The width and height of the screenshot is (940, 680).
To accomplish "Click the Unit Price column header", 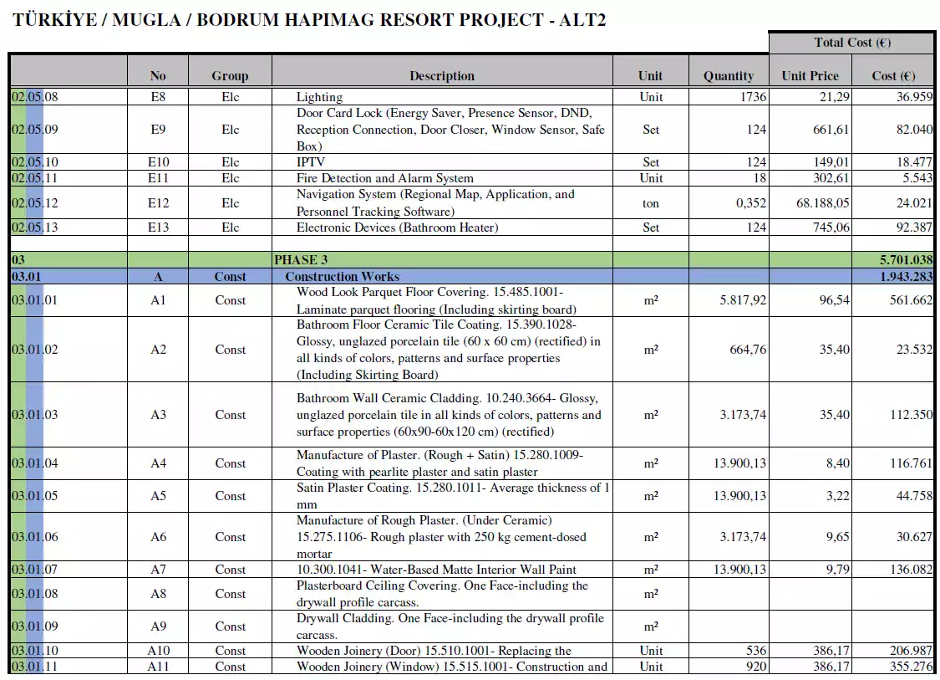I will [810, 75].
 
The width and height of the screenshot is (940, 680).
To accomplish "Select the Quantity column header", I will [728, 75].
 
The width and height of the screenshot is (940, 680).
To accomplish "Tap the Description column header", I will [441, 75].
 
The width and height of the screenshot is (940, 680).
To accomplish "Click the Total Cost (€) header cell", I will [851, 42].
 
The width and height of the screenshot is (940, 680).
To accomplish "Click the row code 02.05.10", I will [35, 162].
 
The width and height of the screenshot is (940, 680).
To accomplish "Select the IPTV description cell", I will [311, 162].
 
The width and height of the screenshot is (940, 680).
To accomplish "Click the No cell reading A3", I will [158, 415].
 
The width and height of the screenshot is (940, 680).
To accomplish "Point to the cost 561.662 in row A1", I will [910, 300].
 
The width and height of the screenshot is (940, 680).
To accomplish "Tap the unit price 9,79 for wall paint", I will [837, 570].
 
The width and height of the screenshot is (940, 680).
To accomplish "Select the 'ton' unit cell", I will [650, 203].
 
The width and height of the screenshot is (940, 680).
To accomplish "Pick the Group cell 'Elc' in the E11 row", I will [230, 178].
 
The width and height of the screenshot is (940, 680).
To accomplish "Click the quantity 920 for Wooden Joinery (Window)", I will [755, 667].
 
